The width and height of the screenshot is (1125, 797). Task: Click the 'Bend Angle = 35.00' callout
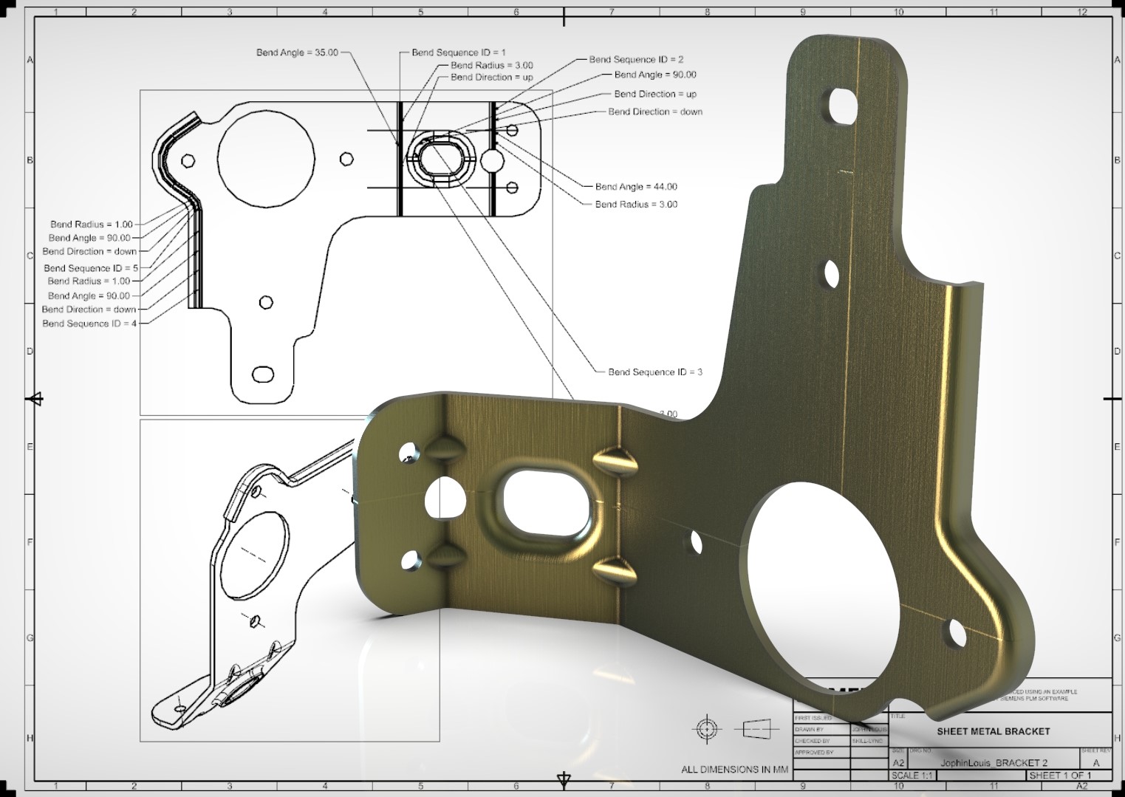click(x=297, y=52)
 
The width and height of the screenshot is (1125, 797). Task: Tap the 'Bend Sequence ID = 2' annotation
click(x=636, y=59)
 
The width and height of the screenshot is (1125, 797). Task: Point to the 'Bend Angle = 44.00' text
click(x=636, y=187)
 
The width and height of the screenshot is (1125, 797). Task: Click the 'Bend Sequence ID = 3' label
click(x=654, y=372)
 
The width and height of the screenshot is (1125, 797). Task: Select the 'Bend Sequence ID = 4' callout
click(x=89, y=324)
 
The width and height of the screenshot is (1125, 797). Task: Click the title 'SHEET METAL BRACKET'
click(x=993, y=731)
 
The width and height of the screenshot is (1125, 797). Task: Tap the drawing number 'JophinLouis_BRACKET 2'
click(x=994, y=762)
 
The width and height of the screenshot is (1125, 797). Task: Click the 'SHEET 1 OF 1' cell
click(x=1059, y=776)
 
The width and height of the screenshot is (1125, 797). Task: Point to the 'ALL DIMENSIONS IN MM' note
click(x=734, y=770)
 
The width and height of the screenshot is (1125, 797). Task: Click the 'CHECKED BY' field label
click(x=812, y=740)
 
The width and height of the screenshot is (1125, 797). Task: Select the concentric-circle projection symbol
click(x=706, y=730)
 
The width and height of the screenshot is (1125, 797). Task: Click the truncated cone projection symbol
click(x=753, y=730)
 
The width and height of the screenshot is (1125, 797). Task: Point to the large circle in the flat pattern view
click(x=266, y=158)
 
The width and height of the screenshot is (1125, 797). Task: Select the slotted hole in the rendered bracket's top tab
click(x=840, y=106)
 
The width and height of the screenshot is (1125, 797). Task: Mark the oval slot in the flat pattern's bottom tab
click(x=262, y=374)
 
